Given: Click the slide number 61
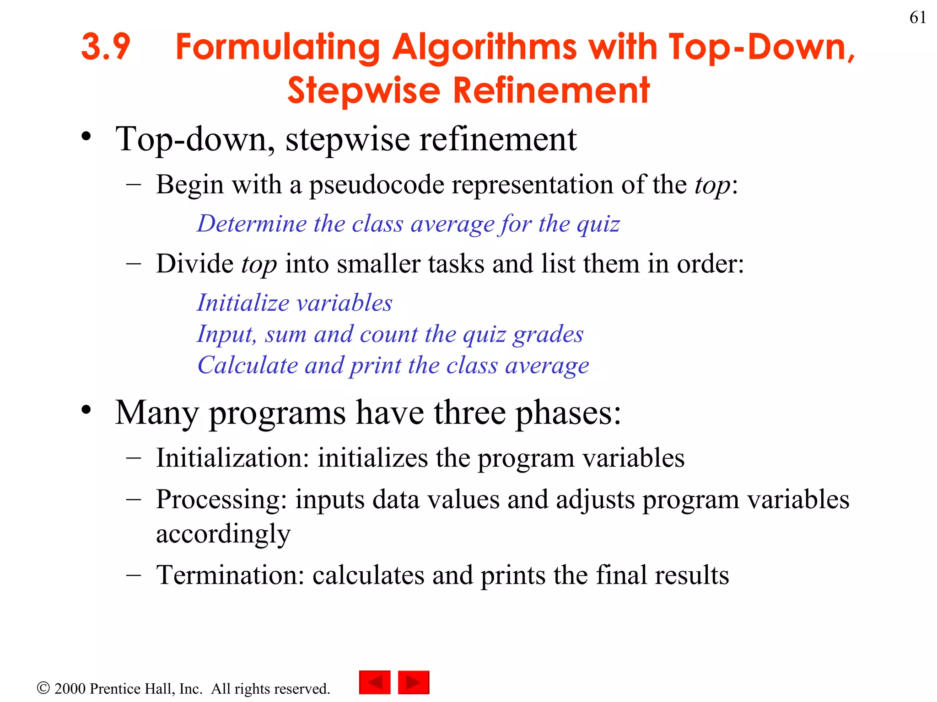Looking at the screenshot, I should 917,18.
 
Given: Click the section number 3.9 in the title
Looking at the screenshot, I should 106,47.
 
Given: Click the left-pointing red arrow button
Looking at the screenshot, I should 375,682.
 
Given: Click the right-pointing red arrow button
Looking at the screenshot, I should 414,682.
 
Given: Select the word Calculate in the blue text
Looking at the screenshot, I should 248,366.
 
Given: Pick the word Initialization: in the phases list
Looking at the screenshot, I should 233,458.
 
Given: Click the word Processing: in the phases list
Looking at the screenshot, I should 221,499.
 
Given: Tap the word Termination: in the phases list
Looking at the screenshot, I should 230,575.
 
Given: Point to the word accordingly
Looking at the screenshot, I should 223,534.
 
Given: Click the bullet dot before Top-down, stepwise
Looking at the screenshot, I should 86,136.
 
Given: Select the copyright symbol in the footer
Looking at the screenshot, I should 43,688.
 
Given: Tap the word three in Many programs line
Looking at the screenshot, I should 469,413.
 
